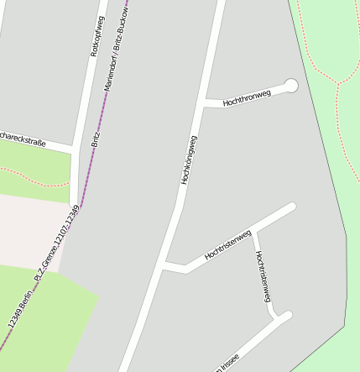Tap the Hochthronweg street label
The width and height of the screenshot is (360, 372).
pyautogui.click(x=247, y=98)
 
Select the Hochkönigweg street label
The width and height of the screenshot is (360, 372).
pyautogui.click(x=189, y=160)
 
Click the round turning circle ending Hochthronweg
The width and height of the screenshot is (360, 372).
pyautogui.click(x=291, y=85)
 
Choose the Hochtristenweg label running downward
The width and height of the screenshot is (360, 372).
pyautogui.click(x=263, y=276)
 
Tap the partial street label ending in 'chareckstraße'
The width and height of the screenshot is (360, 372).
pyautogui.click(x=23, y=136)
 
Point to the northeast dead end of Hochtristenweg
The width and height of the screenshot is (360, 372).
pyautogui.click(x=292, y=207)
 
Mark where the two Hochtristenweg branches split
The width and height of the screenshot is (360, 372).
pyautogui.click(x=252, y=232)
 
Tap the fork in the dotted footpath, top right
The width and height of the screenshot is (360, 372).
pyautogui.click(x=338, y=83)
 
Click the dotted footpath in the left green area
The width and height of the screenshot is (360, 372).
pyautogui.click(x=34, y=177)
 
